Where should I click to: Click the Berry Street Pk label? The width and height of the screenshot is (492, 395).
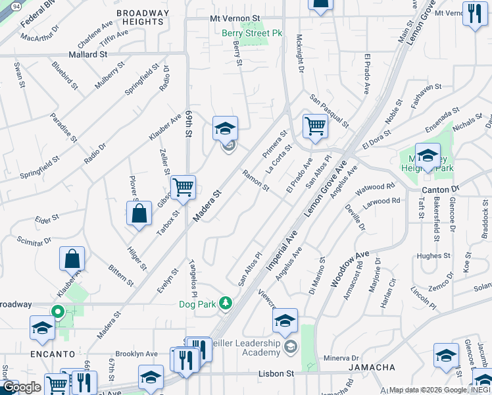(x=251, y=33)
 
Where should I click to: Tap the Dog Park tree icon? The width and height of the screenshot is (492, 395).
(x=226, y=303)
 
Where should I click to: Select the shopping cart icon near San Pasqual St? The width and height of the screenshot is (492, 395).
(x=316, y=126)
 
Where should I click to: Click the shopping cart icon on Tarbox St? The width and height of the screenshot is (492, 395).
(x=183, y=187)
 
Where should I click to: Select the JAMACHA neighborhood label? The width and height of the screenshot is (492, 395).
(x=358, y=367)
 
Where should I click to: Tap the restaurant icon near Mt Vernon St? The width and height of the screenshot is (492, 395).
(x=473, y=14)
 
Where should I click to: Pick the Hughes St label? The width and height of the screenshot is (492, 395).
(x=433, y=255)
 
